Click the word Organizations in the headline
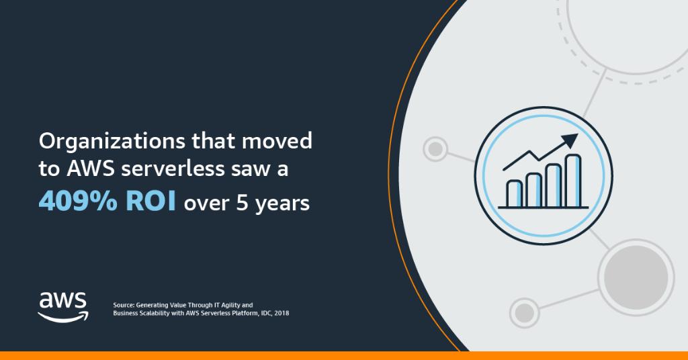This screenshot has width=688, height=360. [112, 142]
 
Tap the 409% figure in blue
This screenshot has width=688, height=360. [78, 201]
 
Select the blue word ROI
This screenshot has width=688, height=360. [150, 201]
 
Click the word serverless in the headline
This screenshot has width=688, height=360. [173, 169]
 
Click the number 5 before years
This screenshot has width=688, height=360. [242, 203]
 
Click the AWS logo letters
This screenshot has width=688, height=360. [62, 301]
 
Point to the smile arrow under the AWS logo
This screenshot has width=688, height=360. [63, 316]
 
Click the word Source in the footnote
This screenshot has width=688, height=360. [124, 305]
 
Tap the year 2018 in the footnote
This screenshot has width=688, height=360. [282, 313]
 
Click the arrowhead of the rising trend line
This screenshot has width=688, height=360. [570, 140]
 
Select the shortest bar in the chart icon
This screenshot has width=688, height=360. [514, 193]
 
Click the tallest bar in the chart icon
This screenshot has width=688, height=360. [573, 181]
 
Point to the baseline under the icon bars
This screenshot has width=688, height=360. [543, 208]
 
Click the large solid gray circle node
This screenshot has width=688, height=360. [636, 277]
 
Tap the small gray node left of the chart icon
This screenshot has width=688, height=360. [435, 149]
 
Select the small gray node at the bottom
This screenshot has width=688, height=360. [524, 312]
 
